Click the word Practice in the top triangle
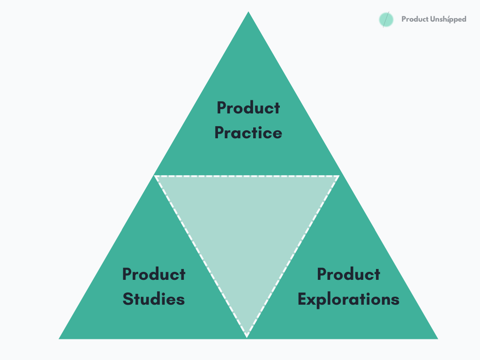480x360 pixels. click(248, 133)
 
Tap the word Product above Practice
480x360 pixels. click(248, 108)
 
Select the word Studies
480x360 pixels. click(154, 299)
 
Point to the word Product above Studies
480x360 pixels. click(154, 274)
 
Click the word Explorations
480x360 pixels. click(348, 299)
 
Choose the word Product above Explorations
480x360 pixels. click(348, 274)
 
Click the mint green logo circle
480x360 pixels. click(386, 20)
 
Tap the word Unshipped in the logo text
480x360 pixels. click(448, 20)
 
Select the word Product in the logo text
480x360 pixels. click(414, 20)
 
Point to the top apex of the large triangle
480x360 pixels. click(248, 13)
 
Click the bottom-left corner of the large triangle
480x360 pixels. click(60, 338)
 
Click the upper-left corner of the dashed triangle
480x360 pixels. click(156, 176)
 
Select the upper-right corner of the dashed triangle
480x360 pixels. click(338, 176)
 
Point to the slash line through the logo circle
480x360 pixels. click(386, 19)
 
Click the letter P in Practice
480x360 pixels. click(220, 133)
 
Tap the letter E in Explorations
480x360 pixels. click(303, 299)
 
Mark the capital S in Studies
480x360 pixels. click(128, 299)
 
